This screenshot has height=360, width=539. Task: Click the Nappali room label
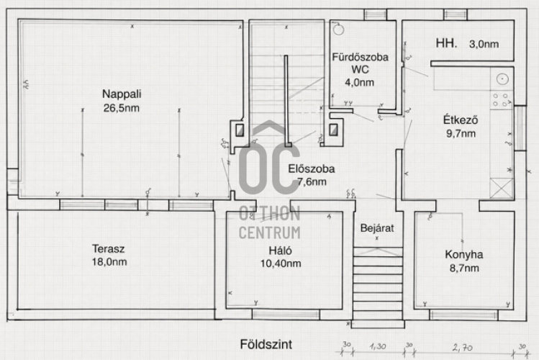122,94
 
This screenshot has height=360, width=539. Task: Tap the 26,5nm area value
122,108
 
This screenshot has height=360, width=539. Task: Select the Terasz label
108,248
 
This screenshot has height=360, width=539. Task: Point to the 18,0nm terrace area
109,261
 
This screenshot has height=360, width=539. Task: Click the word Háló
280,251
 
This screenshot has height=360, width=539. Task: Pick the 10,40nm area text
281,264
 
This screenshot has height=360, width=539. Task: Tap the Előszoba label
312,168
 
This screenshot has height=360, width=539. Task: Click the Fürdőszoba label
361,57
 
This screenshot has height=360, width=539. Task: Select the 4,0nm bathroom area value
360,83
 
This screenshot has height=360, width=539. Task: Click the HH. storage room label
447,43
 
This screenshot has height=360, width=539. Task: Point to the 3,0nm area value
484,44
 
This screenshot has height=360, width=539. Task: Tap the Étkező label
461,120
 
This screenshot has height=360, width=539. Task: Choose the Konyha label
464,254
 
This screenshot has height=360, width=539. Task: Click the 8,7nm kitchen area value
464,268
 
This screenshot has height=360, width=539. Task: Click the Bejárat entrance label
377,228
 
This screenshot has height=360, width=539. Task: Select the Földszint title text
266,344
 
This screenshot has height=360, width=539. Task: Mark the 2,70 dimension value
463,348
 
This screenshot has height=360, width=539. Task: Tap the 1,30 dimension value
378,346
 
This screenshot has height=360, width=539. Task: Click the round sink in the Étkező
502,79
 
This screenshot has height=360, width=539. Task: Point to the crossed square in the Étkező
501,189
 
